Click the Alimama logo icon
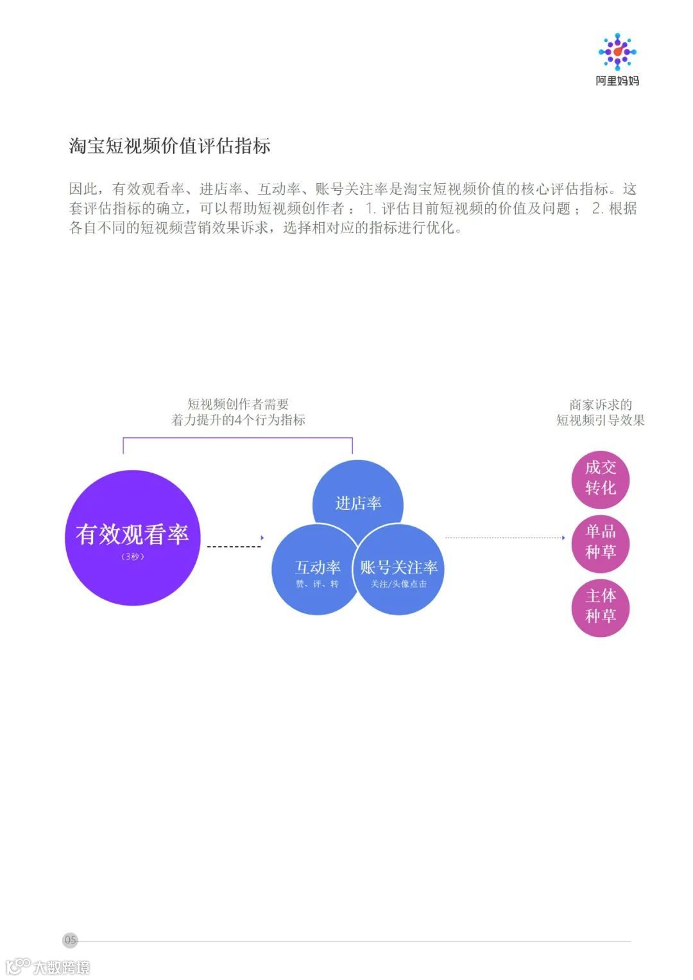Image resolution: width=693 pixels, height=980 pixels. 617,51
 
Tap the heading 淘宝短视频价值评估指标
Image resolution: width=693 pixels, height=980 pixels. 169,146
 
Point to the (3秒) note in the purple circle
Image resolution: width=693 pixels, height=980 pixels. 132,557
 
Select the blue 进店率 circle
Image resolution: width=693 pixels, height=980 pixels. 358,494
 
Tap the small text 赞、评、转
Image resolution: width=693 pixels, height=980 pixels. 317,584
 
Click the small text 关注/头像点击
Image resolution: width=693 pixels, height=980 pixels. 398,584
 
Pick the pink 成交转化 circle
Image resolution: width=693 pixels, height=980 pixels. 601,478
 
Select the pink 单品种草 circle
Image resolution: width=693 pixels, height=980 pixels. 601,543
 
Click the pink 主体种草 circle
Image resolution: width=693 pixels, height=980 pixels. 601,607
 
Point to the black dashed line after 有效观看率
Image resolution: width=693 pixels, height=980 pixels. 234,547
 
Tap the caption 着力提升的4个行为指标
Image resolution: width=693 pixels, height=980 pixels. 238,420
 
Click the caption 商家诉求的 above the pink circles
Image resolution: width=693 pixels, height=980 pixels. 601,405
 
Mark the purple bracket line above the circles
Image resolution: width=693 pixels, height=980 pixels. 237,438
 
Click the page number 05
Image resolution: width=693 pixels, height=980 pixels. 71,940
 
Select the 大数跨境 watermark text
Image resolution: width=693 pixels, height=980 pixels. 62,967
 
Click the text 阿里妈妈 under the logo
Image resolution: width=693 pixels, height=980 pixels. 617,81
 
